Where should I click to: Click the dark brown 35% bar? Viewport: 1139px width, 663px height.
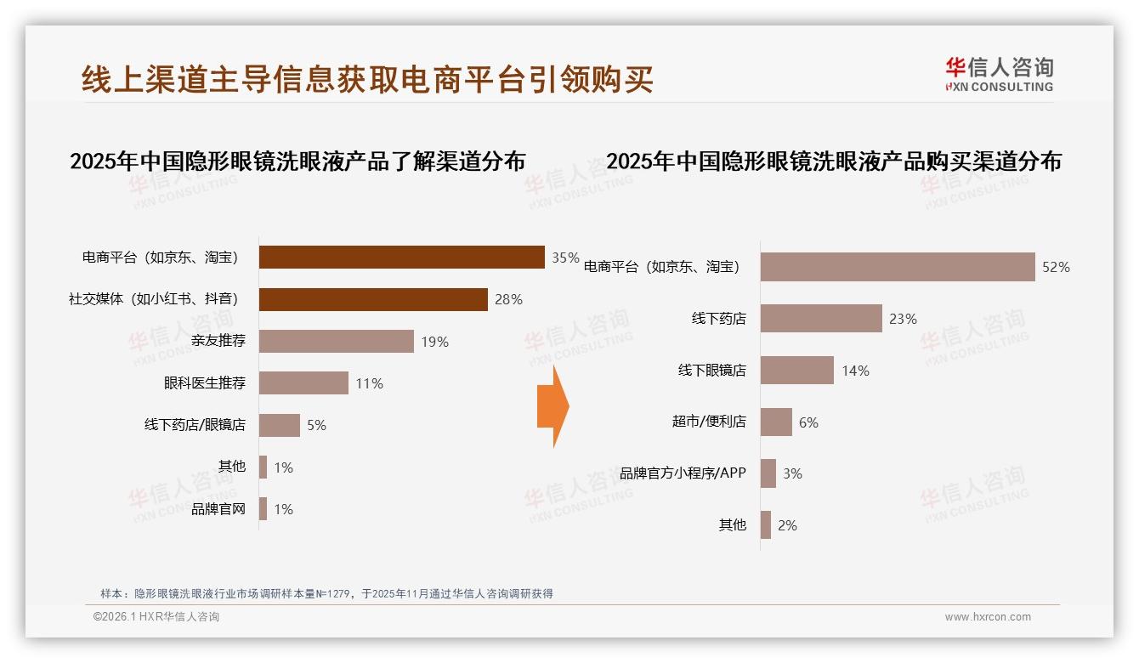401,257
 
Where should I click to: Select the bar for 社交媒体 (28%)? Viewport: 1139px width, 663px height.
373,299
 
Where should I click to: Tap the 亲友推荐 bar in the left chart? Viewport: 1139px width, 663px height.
336,341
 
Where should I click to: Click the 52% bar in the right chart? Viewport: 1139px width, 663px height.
897,267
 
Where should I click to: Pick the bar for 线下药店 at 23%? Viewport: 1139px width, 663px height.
821,319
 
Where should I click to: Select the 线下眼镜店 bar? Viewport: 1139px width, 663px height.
796,371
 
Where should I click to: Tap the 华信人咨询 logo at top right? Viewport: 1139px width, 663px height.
999,75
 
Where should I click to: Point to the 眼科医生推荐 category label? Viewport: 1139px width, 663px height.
205,383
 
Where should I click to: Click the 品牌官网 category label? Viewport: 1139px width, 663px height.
218,509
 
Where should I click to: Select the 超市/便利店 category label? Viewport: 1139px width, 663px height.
709,422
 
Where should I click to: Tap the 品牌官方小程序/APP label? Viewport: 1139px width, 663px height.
683,473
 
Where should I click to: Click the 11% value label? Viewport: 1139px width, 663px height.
369,383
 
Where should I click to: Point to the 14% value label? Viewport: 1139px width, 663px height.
855,371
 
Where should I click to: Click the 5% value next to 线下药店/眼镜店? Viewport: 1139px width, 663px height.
316,425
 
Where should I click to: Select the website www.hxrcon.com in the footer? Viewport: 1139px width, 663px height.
988,617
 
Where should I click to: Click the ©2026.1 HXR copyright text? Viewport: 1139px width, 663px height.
156,617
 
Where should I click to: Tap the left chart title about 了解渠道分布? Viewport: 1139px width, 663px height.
297,161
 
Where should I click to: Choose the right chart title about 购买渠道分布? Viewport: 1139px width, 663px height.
834,161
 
